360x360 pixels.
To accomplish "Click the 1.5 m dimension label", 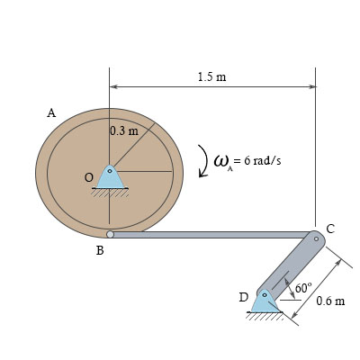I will (211, 77).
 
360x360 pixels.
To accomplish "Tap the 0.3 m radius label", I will (123, 130).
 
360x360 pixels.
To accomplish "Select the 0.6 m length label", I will (330, 300).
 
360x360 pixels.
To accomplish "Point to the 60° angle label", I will (302, 288).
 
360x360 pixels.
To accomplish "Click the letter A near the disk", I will (51, 113).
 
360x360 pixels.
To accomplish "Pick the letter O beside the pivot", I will (88, 178).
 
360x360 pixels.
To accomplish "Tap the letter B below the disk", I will (100, 252).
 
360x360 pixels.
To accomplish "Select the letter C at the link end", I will (330, 229).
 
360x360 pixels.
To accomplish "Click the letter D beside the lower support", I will (243, 296).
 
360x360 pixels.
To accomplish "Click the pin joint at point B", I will (110, 234).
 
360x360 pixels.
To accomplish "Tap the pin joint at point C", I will (315, 238).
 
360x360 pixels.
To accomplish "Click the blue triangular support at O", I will (110, 177).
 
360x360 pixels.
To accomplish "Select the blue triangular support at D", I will (265, 301).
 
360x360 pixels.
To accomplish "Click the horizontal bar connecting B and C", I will (211, 234).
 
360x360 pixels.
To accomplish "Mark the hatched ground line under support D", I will (265, 315).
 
